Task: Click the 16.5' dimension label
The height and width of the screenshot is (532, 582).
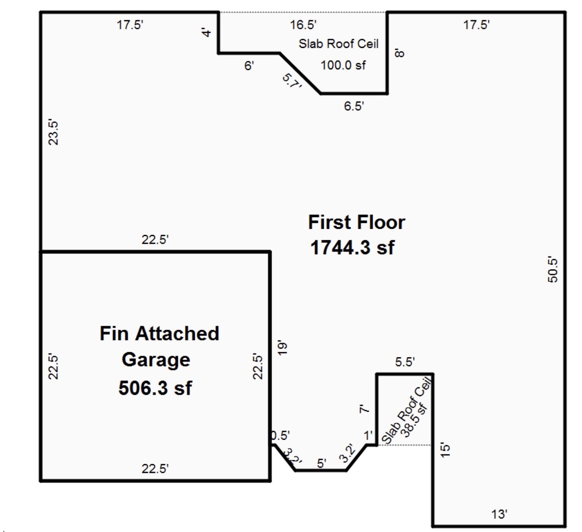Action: [x=303, y=25]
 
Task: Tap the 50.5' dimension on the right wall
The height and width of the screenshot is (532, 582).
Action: [x=552, y=269]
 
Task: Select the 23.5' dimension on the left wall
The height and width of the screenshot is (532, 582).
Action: [x=53, y=133]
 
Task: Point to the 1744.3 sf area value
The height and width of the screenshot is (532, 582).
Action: [x=352, y=247]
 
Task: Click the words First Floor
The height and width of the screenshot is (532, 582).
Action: [x=357, y=222]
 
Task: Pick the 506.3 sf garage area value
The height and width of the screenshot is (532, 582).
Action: [x=155, y=388]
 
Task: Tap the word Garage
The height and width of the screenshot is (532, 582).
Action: [x=156, y=360]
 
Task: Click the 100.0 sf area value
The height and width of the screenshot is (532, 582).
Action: [x=343, y=65]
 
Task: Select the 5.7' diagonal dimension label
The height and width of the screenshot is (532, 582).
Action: [x=292, y=81]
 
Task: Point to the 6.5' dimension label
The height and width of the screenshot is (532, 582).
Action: [x=354, y=106]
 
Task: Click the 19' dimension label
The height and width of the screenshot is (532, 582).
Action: [x=282, y=348]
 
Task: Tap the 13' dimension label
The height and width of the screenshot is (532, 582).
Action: [x=499, y=514]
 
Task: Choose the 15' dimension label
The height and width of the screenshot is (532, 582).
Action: [x=445, y=450]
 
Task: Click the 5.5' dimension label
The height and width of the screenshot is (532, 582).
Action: [x=405, y=362]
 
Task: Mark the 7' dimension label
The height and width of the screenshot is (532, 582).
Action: [x=364, y=409]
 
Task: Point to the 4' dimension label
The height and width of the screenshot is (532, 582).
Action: [x=207, y=33]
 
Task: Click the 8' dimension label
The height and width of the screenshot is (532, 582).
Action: [x=400, y=53]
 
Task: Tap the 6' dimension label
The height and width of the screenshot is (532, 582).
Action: [x=249, y=65]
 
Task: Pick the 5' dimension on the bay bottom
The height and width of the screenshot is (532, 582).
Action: [x=321, y=463]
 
